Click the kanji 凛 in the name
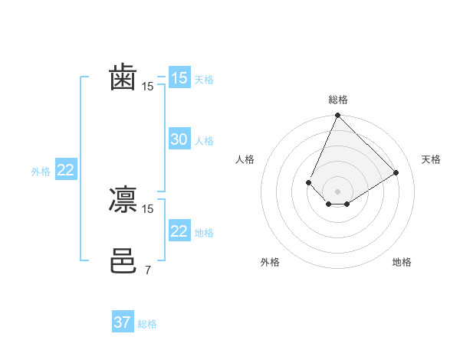click(x=123, y=199)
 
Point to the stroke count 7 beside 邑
click(x=147, y=270)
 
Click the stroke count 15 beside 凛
click(x=148, y=208)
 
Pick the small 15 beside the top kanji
click(x=148, y=87)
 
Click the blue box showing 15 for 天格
click(x=179, y=77)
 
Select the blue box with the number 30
click(x=179, y=139)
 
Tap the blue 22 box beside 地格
click(x=179, y=231)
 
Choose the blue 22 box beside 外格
click(x=65, y=170)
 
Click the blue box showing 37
click(x=122, y=322)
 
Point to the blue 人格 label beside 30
click(x=204, y=141)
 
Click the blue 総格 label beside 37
click(x=147, y=324)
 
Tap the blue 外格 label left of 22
click(x=41, y=172)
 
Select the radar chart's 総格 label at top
click(x=337, y=100)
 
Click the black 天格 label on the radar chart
click(x=431, y=159)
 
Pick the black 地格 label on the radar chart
click(x=402, y=262)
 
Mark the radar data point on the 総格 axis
click(x=337, y=116)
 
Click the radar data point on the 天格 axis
click(x=396, y=172)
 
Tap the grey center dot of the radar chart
click(x=337, y=191)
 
